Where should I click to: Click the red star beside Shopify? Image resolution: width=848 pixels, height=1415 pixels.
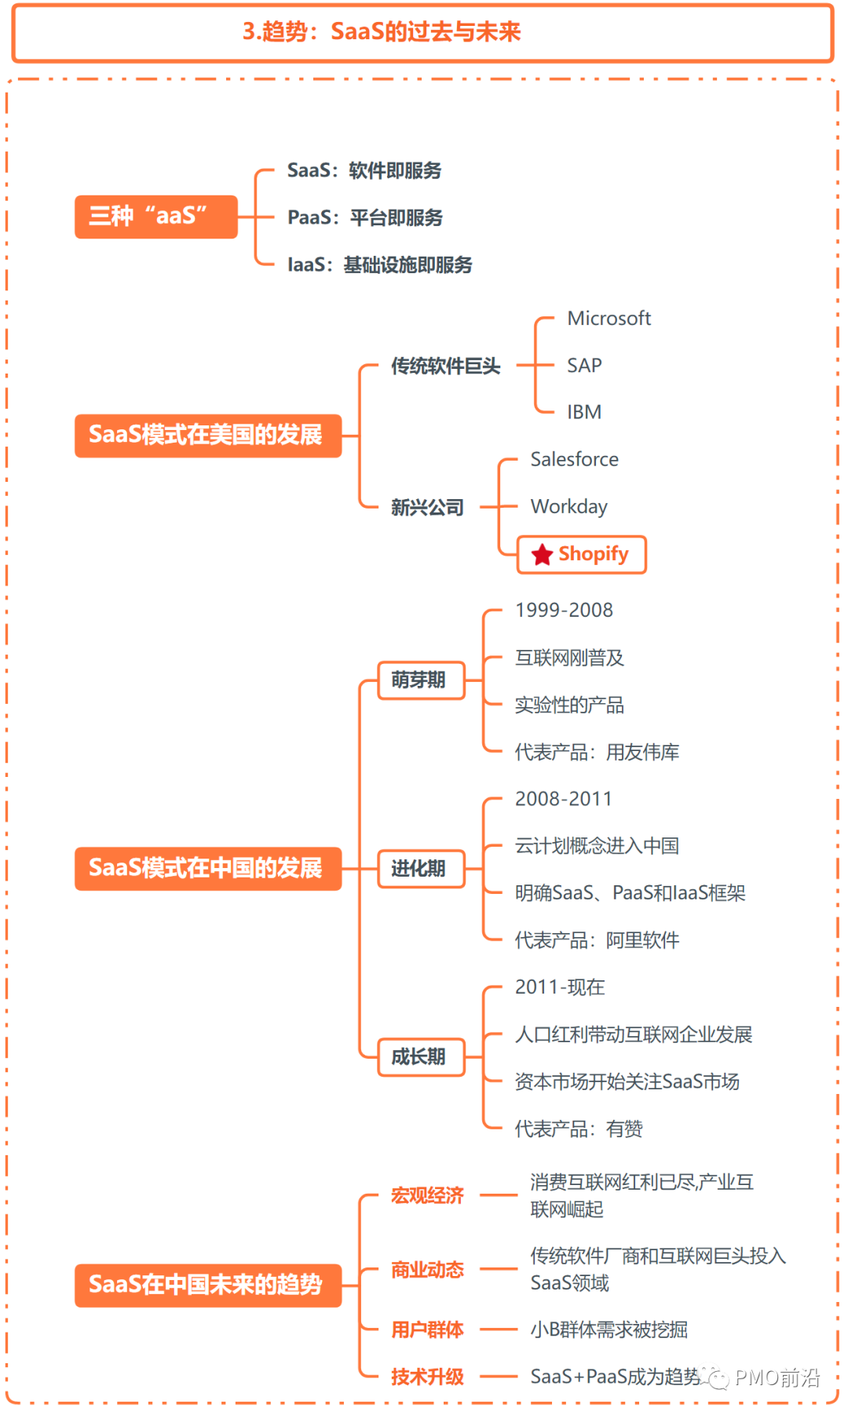pyautogui.click(x=542, y=555)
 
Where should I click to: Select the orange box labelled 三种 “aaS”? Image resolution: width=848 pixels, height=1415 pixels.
pyautogui.click(x=155, y=216)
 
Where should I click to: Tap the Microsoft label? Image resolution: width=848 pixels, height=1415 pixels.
pyautogui.click(x=609, y=319)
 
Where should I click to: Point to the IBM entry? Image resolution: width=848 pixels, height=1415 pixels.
pyautogui.click(x=584, y=412)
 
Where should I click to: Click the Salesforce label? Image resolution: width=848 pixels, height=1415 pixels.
pyautogui.click(x=574, y=459)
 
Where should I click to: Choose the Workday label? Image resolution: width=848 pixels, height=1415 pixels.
pyautogui.click(x=568, y=507)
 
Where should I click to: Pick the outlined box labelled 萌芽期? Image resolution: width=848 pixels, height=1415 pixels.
pyautogui.click(x=420, y=680)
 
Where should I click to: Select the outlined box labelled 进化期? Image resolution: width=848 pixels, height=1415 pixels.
pyautogui.click(x=420, y=869)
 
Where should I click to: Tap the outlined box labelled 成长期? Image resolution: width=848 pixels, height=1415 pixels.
pyautogui.click(x=420, y=1057)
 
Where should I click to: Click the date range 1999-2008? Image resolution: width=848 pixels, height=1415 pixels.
pyautogui.click(x=564, y=611)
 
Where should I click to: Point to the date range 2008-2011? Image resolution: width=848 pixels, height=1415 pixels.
pyautogui.click(x=563, y=799)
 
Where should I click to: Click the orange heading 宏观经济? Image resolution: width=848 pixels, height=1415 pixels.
pyautogui.click(x=427, y=1195)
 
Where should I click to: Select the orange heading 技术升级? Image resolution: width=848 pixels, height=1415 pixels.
pyautogui.click(x=427, y=1377)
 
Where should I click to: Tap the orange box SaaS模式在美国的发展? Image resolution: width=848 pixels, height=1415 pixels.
pyautogui.click(x=208, y=435)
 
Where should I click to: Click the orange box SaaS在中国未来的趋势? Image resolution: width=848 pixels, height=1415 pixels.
pyautogui.click(x=208, y=1285)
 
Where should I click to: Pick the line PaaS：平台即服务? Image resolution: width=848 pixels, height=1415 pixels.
pyautogui.click(x=365, y=217)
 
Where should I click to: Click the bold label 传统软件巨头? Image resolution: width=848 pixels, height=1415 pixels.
pyautogui.click(x=445, y=366)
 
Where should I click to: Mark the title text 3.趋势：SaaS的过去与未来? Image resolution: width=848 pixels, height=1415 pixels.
pyautogui.click(x=382, y=31)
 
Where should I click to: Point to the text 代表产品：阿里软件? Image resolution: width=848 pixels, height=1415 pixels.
pyautogui.click(x=597, y=940)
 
